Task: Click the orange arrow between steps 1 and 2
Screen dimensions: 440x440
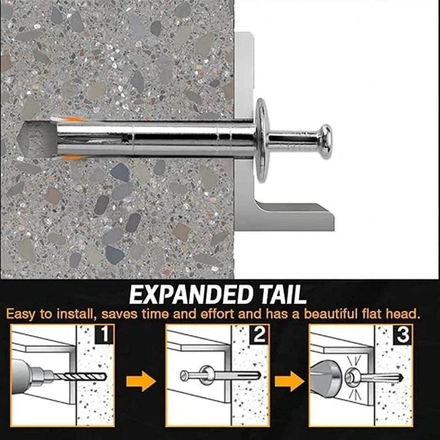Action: pos(141,380)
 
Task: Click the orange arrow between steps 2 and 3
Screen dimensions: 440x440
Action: pos(289,380)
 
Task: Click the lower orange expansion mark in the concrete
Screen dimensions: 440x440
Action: pos(72,158)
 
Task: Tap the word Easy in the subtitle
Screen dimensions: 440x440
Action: pos(21,315)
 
